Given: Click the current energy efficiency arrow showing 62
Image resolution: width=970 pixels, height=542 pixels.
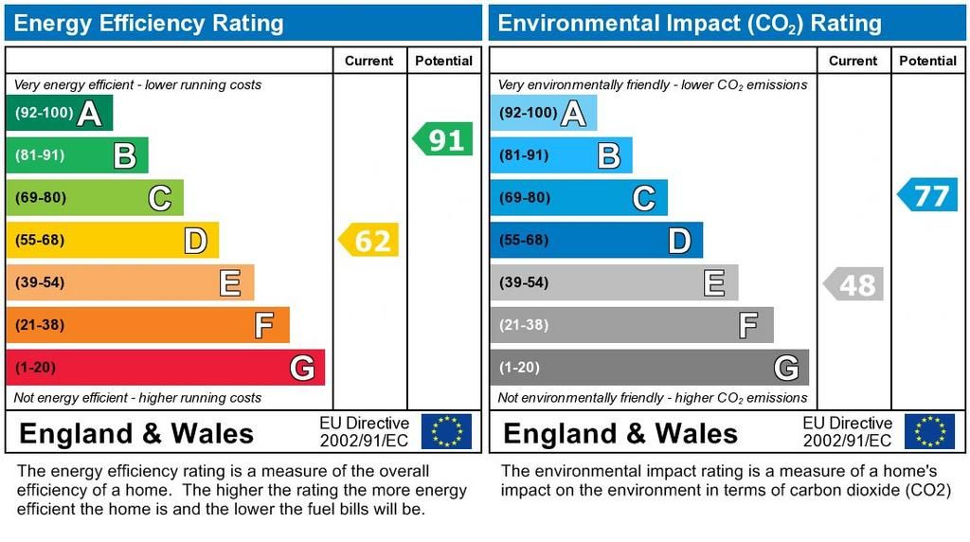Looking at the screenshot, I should tap(369, 240).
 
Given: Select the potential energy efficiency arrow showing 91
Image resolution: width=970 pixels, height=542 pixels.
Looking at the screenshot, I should tap(443, 140).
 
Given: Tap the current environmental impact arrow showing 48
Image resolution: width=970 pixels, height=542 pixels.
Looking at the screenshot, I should tap(853, 283).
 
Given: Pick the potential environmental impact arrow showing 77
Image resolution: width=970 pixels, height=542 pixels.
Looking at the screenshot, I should tap(928, 195).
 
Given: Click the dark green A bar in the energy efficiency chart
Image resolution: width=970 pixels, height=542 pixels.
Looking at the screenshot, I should tap(59, 114).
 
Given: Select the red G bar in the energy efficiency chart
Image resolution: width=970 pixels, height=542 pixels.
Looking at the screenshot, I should tap(165, 368).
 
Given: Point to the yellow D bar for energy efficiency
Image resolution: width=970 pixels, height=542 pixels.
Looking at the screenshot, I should tap(112, 241).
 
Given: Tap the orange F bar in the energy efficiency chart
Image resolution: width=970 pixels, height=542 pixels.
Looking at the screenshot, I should tap(147, 325).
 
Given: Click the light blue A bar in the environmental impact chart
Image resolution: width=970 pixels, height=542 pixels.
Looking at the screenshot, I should tap(543, 114).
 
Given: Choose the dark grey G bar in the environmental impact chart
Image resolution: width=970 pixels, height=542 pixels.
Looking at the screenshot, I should tap(649, 368).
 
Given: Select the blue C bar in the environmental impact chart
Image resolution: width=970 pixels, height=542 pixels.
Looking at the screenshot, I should tap(578, 198).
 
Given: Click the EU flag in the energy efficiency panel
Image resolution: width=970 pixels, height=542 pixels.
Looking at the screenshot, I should tap(446, 432).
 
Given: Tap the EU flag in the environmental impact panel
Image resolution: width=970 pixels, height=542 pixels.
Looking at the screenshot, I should tap(929, 432).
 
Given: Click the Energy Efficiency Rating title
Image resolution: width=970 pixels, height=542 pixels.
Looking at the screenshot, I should tap(149, 23).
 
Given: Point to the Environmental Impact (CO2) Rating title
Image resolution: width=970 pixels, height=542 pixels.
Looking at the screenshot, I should tap(690, 23).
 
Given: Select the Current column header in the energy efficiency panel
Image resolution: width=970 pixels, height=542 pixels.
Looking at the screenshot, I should tap(368, 61).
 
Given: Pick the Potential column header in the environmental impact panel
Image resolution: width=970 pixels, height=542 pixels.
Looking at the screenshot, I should tap(927, 61).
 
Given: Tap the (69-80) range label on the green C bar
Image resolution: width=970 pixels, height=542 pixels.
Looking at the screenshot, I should tap(40, 198).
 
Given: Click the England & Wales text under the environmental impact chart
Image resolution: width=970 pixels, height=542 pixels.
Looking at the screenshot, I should tap(620, 434).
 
